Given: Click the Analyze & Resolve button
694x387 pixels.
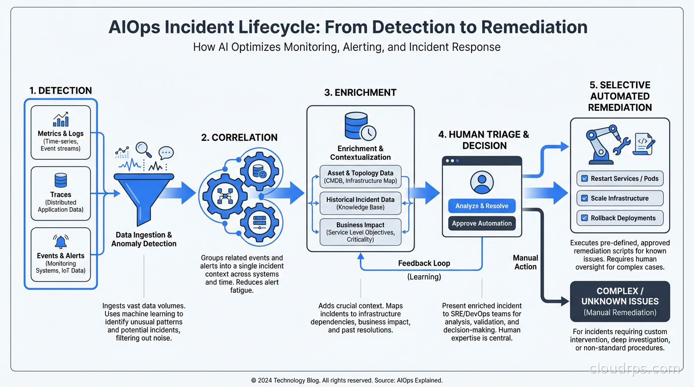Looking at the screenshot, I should pos(482,206).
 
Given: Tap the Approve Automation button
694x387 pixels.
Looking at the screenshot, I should pos(482,223).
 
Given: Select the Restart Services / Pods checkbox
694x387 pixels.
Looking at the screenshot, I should pos(585,178).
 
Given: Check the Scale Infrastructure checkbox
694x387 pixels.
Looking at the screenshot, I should pos(585,198).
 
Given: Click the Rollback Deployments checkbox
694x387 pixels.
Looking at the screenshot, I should pos(585,218).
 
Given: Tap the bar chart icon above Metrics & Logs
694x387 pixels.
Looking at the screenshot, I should pos(61,119).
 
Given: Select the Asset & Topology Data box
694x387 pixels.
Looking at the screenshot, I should pos(360,176).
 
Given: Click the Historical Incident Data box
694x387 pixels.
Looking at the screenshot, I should pos(360,203).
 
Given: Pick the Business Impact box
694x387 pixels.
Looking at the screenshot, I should pos(360,232).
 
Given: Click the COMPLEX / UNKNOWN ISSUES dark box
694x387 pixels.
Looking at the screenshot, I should pos(620,301).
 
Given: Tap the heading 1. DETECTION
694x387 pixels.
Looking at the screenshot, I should pos(61,91).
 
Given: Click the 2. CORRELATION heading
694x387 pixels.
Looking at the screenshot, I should pos(239,138).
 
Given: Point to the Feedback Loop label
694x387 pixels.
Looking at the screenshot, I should pos(424,263).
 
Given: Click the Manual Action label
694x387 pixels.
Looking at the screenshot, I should pos(526,262).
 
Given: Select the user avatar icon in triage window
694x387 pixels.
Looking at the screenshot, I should pos(482,182).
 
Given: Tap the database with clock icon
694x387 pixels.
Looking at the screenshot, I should pos(360,126).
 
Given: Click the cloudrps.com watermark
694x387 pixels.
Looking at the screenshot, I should pos(634,369).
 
